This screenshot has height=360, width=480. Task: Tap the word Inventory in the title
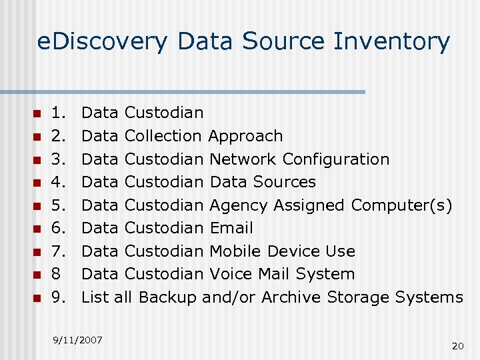click(392, 42)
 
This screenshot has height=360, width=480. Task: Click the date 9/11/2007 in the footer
click(77, 340)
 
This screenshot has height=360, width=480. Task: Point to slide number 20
click(457, 345)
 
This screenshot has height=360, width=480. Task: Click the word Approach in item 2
click(245, 136)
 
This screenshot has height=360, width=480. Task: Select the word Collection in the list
click(163, 136)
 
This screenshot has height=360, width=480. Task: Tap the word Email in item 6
click(231, 228)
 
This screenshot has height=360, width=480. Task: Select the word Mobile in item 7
click(235, 251)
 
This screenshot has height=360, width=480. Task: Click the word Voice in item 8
click(230, 274)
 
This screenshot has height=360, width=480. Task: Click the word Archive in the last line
click(291, 297)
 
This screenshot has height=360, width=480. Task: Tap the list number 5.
click(59, 205)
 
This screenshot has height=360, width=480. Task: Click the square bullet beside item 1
click(38, 113)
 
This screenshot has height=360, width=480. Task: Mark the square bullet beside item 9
click(38, 297)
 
